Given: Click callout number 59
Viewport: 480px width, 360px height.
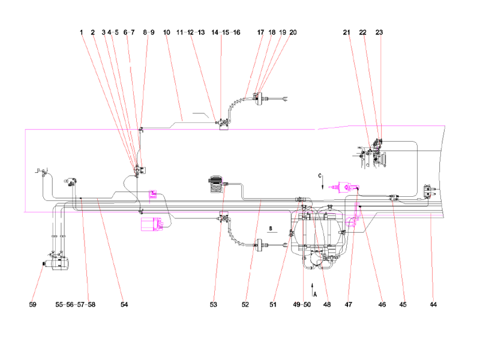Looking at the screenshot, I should point(32,305).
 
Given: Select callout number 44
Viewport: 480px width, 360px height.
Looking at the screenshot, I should point(433,305).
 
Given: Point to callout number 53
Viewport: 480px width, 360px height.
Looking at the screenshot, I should point(213,305).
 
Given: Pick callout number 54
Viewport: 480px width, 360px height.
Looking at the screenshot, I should point(124,305).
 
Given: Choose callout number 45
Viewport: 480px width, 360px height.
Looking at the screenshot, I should point(403,305).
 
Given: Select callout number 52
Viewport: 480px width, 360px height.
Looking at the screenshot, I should point(245,305).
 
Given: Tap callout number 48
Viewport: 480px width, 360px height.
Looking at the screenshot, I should point(327,305).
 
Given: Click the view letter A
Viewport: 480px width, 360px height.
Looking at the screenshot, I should point(315,294).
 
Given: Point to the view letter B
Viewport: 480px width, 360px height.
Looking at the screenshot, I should point(271,229).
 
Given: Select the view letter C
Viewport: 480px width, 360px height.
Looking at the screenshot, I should point(320,176).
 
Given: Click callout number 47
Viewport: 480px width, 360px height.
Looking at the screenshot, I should point(349,305).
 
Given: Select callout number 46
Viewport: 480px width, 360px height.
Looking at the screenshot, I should point(382,305).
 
